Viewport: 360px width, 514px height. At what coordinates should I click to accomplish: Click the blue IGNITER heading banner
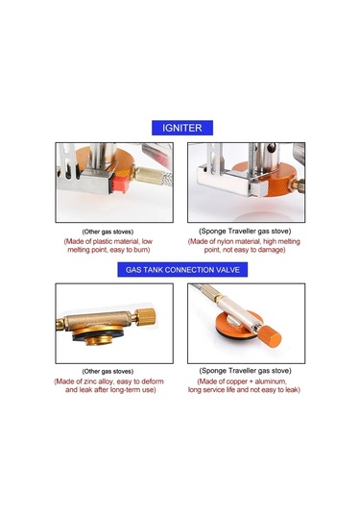coord(182,128)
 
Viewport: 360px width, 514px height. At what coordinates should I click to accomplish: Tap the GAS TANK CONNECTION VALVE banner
coord(182,270)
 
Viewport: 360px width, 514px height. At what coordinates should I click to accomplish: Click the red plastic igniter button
coord(119,184)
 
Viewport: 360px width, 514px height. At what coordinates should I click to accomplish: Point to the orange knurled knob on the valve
coord(271,337)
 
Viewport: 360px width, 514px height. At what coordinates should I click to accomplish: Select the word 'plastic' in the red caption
coord(103,241)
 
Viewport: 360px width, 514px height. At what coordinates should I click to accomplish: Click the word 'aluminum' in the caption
coord(271,381)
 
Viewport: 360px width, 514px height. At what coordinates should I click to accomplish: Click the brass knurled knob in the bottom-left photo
coord(146,317)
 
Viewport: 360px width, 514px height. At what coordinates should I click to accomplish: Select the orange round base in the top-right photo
coord(269,180)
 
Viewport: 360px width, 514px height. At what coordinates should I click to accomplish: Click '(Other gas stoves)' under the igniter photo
coord(108,232)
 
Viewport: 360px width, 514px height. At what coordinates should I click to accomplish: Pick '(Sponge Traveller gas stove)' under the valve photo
coord(245,371)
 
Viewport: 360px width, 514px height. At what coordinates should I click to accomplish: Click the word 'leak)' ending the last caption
coord(292,390)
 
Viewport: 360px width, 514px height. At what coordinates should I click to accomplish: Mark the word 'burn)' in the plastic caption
coord(141,250)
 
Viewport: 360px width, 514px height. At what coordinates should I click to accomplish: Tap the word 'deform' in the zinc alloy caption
coord(154,381)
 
